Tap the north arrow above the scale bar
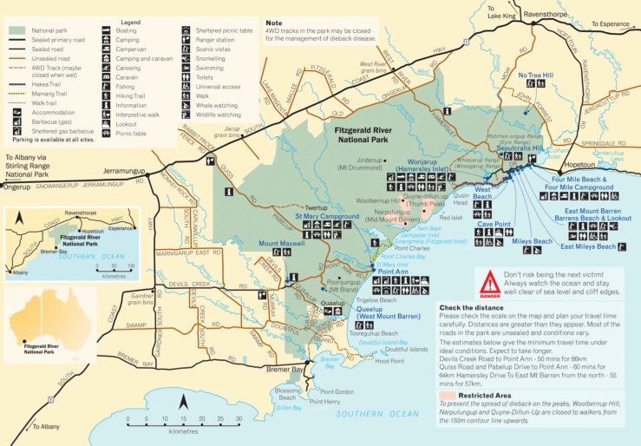(x=183, y=402)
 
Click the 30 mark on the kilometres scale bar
(x=239, y=420)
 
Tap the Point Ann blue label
(x=394, y=270)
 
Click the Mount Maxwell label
(x=283, y=244)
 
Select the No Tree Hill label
(x=534, y=75)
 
